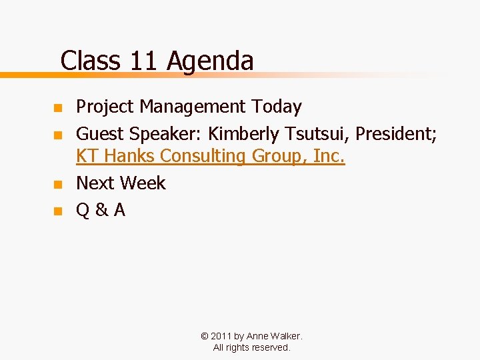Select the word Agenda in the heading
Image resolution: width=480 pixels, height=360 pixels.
[x=210, y=61]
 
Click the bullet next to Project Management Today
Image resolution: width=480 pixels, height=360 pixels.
[x=57, y=107]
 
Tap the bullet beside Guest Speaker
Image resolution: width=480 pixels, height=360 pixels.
[x=57, y=135]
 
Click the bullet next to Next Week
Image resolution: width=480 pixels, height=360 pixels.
[x=57, y=184]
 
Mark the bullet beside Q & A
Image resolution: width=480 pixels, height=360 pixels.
[x=57, y=211]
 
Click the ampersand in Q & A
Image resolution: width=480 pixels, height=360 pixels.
[x=101, y=211]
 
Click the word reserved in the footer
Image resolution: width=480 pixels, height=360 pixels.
[x=270, y=347]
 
